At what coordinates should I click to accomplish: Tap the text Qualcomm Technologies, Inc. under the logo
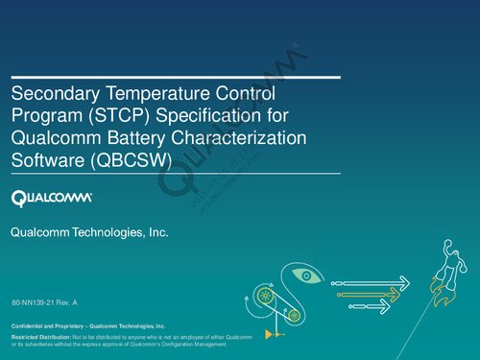point(88,233)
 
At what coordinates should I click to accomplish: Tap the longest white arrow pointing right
point(370,283)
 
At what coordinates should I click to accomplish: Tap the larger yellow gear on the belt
point(265,297)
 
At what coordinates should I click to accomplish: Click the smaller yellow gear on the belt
point(295,315)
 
